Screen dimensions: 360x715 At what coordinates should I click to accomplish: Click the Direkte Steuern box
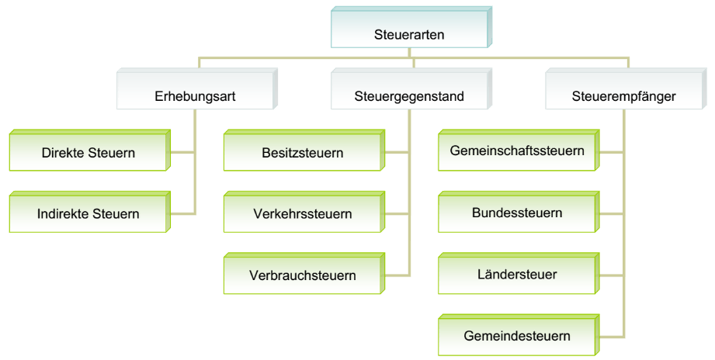click(89, 152)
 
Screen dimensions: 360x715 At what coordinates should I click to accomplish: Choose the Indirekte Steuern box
click(89, 213)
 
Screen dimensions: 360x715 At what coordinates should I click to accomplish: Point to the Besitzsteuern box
click(303, 152)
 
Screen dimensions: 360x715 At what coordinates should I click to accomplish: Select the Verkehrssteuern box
click(303, 213)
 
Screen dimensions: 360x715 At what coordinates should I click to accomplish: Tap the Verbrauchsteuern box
click(303, 275)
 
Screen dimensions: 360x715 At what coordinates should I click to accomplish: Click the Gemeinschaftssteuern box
click(517, 151)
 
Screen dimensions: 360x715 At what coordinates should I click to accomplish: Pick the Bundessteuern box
click(517, 213)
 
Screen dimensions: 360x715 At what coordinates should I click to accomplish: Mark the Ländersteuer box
click(517, 274)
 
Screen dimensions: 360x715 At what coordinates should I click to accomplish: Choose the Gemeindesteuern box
click(517, 335)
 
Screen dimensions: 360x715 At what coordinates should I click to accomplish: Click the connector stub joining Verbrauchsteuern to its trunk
click(397, 275)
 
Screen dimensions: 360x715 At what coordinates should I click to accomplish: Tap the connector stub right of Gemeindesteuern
click(611, 336)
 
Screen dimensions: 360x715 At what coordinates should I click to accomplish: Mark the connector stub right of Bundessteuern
click(611, 213)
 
